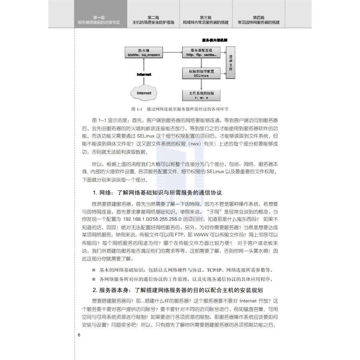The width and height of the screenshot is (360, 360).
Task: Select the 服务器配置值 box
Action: click(x=202, y=52)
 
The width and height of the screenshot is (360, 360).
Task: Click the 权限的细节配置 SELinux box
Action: click(x=202, y=73)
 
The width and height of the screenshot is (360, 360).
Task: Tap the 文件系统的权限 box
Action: click(x=202, y=95)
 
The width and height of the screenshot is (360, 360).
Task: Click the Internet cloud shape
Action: click(x=144, y=93)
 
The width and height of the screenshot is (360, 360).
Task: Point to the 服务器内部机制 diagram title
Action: click(x=215, y=40)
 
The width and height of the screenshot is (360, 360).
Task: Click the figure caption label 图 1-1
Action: click(x=137, y=109)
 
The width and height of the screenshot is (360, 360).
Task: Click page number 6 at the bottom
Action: click(x=79, y=334)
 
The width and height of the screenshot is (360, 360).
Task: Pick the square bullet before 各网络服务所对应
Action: click(x=94, y=279)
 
